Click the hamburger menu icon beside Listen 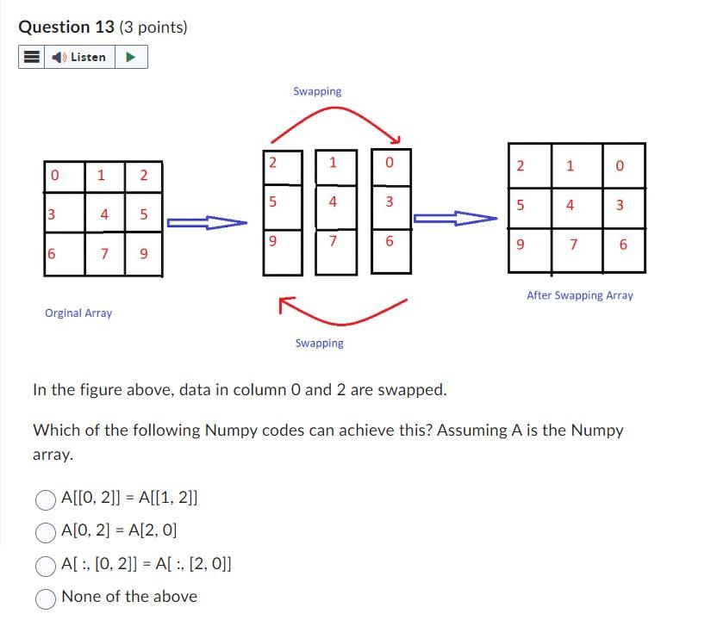coord(31,58)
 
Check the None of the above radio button coord(46,597)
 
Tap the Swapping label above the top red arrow coord(317,91)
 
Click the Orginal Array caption coord(78,313)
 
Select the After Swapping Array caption coord(579,295)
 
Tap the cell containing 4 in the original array coord(105,214)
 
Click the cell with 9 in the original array coord(144,255)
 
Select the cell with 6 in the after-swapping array coord(623,245)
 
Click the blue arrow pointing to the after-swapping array coord(455,219)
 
